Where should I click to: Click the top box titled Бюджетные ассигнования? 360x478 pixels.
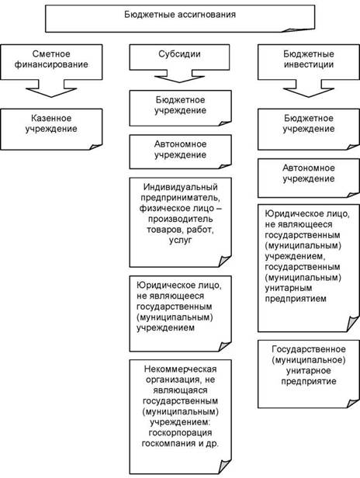click(x=180, y=19)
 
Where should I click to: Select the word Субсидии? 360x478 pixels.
click(x=179, y=54)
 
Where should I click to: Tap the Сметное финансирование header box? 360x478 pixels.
click(x=51, y=62)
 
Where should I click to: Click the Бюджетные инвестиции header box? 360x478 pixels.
click(x=309, y=62)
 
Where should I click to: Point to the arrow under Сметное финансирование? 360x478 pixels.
click(x=51, y=88)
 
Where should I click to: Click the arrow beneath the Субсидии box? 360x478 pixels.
click(x=179, y=76)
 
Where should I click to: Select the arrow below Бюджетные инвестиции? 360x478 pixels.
click(x=309, y=88)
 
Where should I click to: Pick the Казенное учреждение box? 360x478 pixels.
click(x=51, y=130)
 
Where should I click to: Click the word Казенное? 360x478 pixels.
click(x=51, y=118)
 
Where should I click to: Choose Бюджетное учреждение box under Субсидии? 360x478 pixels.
click(x=181, y=108)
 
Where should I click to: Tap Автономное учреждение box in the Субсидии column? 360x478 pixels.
click(x=181, y=152)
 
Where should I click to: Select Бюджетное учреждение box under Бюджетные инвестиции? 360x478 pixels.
click(x=309, y=130)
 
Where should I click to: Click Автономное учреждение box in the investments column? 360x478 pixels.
click(x=309, y=178)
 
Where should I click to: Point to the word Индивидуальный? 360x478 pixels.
click(x=181, y=186)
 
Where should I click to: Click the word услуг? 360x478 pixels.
click(x=181, y=241)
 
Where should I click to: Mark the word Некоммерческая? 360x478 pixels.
click(x=181, y=369)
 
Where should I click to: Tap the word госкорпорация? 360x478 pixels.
click(x=181, y=432)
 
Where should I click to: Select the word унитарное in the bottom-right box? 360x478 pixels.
click(x=309, y=371)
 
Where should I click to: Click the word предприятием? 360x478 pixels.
click(x=296, y=299)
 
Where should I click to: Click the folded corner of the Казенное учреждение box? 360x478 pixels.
click(x=95, y=147)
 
